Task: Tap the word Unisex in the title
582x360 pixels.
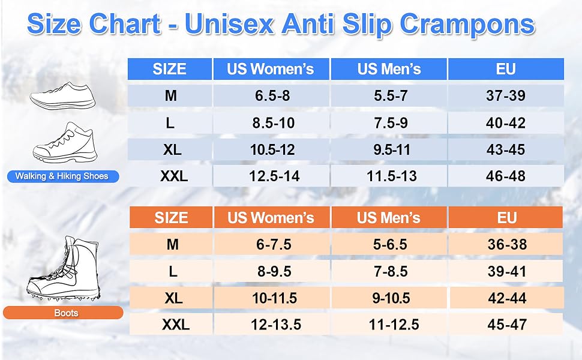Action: click(x=229, y=24)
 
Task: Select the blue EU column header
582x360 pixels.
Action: click(x=506, y=69)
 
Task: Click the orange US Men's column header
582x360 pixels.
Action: click(x=389, y=217)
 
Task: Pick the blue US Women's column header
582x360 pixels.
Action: click(x=271, y=69)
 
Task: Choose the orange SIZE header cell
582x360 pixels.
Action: click(x=171, y=217)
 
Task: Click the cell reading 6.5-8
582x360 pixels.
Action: click(x=272, y=96)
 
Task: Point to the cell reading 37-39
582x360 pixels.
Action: click(x=506, y=96)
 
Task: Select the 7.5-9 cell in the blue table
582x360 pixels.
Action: click(x=389, y=123)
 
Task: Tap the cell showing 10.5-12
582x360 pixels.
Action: click(x=272, y=149)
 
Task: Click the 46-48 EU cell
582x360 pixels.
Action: click(x=506, y=176)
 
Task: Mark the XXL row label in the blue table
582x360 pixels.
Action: click(x=174, y=176)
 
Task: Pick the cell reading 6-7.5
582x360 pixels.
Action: click(x=274, y=244)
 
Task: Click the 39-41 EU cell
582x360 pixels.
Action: click(x=506, y=271)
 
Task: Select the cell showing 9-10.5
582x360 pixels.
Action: click(x=391, y=298)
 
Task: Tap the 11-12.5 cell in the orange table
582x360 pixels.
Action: click(x=394, y=325)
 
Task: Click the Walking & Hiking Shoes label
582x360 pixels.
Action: click(x=62, y=176)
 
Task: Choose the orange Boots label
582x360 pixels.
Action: click(x=63, y=313)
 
